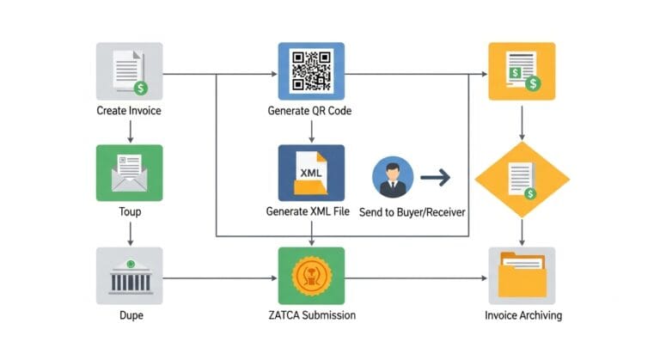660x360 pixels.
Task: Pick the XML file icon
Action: coord(311,173)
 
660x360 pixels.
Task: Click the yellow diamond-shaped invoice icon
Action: coord(522,178)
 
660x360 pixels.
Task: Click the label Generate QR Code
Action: coord(310,112)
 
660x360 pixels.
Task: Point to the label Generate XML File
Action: coord(308,211)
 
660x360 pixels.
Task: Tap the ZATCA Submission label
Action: coord(310,315)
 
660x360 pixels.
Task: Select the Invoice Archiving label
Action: coord(522,315)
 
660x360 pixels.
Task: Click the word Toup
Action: coord(129,211)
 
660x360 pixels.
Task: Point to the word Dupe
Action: coord(129,315)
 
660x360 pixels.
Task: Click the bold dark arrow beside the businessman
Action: coord(435,179)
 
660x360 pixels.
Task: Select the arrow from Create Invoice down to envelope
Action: coord(129,131)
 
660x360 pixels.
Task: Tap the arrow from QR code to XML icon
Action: coord(311,130)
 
